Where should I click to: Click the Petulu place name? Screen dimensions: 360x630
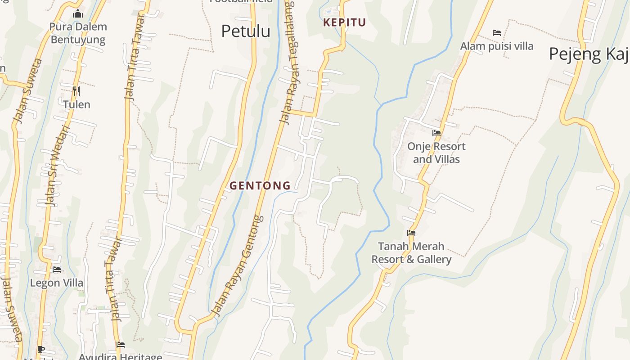246,31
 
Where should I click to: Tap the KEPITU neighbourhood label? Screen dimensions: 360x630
344,22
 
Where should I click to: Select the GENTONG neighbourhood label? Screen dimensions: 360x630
260,185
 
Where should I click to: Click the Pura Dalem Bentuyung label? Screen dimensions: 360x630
78,33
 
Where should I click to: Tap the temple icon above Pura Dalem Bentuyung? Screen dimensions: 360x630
78,14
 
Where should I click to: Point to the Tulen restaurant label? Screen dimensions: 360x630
76,104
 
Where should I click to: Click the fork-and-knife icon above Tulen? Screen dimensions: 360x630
76,91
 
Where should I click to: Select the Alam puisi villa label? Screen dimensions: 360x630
496,46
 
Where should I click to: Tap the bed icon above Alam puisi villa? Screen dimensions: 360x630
497,33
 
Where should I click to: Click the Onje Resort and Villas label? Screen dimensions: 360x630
436,153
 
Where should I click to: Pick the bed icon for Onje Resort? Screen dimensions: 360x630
436,133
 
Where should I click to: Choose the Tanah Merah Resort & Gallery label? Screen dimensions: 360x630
411,252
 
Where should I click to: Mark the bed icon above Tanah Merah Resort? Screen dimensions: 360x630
411,233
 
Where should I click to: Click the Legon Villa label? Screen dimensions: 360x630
57,283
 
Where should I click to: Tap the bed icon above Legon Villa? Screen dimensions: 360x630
57,270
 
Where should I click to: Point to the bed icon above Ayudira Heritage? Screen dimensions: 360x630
120,345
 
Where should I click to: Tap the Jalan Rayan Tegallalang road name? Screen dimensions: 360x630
288,63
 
